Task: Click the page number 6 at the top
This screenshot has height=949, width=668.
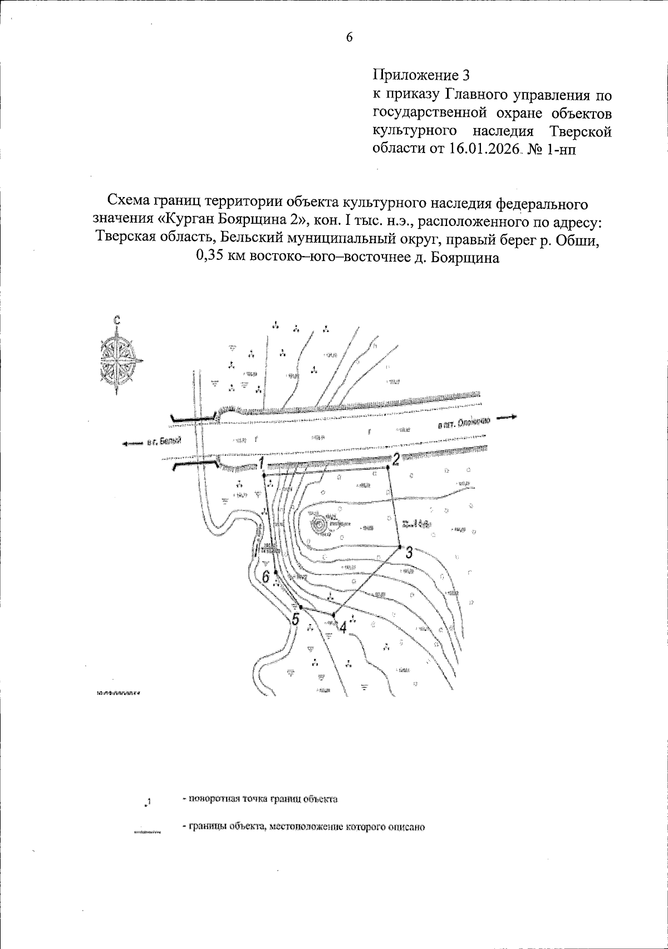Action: pyautogui.click(x=349, y=37)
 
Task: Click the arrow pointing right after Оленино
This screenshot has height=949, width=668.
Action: pyautogui.click(x=508, y=416)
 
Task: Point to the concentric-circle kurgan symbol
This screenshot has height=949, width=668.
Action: pyautogui.click(x=320, y=524)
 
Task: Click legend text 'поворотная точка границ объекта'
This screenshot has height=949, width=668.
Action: pyautogui.click(x=263, y=799)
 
